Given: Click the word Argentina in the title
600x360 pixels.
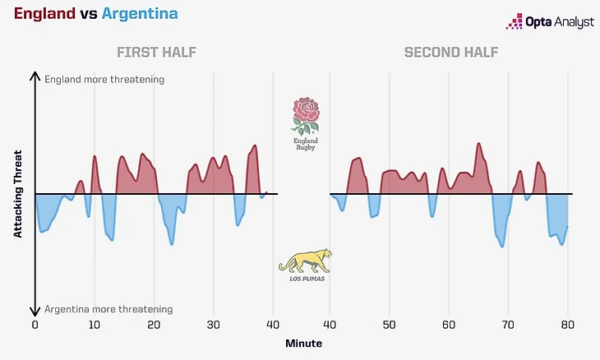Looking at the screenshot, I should pyautogui.click(x=139, y=15).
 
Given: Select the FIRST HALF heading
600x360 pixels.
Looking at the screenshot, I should pyautogui.click(x=156, y=53).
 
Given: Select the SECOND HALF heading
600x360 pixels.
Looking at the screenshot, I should pyautogui.click(x=450, y=53).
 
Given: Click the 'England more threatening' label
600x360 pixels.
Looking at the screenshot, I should pyautogui.click(x=104, y=80).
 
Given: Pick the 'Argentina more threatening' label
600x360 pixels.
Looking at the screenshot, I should pyautogui.click(x=108, y=310).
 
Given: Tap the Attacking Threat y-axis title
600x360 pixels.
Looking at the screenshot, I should pyautogui.click(x=17, y=195).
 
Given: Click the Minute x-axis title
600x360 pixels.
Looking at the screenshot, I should pyautogui.click(x=303, y=343).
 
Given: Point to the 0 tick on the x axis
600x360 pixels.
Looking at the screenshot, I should pyautogui.click(x=35, y=325).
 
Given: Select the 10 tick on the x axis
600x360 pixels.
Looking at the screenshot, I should pyautogui.click(x=95, y=325).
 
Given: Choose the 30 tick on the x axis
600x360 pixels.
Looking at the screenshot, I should pyautogui.click(x=214, y=325).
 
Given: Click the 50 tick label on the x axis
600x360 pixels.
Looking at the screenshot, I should pyautogui.click(x=390, y=325).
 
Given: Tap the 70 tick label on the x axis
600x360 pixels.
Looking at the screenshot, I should pyautogui.click(x=508, y=325).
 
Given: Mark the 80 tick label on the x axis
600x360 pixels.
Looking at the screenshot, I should pyautogui.click(x=567, y=325).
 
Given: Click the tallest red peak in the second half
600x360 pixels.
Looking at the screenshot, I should pyautogui.click(x=478, y=145).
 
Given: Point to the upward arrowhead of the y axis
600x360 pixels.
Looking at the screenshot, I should pyautogui.click(x=35, y=76).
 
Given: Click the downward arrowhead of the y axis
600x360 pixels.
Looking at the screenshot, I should pyautogui.click(x=35, y=312).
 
